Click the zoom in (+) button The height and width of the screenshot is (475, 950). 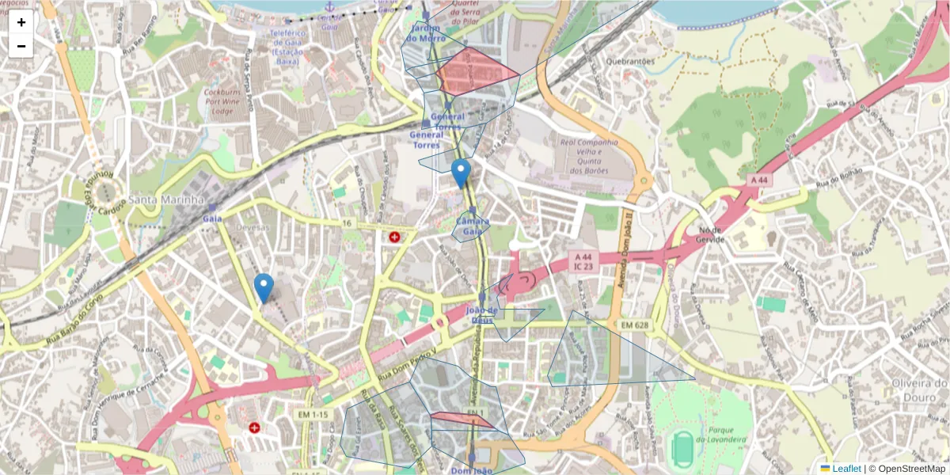21,22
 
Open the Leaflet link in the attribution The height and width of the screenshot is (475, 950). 846,469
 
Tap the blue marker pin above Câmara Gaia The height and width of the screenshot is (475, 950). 460,173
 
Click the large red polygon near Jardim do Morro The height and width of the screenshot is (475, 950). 475,70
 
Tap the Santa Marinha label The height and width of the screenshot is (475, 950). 167,199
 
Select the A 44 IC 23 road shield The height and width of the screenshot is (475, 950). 583,262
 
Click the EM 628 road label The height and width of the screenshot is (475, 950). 635,325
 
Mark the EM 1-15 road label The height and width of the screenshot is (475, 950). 313,415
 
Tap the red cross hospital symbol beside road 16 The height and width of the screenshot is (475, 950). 394,237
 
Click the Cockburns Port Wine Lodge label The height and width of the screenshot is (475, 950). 229,101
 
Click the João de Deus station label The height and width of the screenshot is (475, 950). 481,315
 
